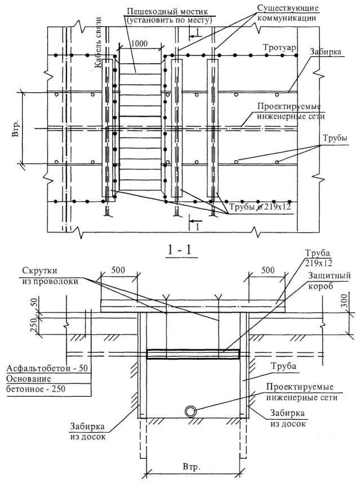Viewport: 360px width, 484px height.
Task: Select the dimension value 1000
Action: click(x=139, y=43)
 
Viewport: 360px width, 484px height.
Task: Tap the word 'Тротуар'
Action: click(x=280, y=47)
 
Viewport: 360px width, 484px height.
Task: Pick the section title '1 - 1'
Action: click(x=179, y=250)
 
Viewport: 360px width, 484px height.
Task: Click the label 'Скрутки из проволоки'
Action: click(x=50, y=276)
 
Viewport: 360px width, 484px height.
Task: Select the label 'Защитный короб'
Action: click(x=330, y=281)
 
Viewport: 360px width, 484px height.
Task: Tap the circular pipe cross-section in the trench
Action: click(x=191, y=411)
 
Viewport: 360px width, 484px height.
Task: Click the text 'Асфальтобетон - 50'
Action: click(x=47, y=368)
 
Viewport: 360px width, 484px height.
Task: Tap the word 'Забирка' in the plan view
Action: click(x=326, y=51)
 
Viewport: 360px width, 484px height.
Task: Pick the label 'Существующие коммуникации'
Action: click(x=288, y=13)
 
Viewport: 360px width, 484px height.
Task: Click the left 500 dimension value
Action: click(x=118, y=270)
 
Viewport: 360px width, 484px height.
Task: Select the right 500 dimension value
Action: click(x=268, y=270)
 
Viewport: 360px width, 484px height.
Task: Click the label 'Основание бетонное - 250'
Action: click(x=36, y=384)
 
